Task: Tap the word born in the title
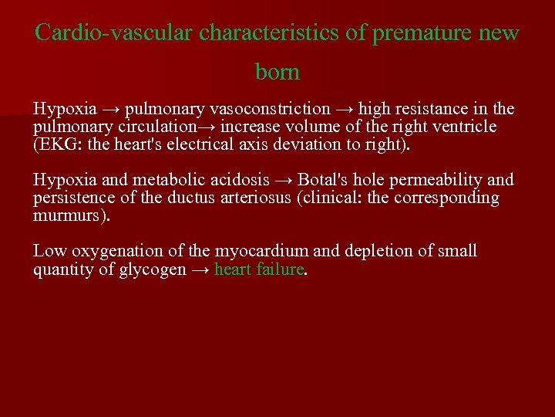(277, 73)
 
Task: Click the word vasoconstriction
(266, 109)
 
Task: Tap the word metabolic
(170, 181)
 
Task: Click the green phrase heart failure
(259, 270)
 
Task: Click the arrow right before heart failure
(200, 270)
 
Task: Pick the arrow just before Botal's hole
(283, 181)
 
